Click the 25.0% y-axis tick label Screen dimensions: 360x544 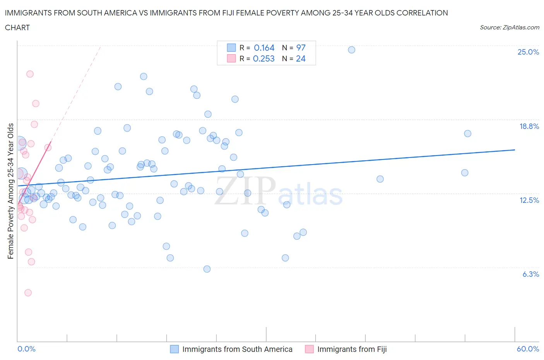tap(528, 52)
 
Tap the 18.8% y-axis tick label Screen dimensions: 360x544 tap(529, 126)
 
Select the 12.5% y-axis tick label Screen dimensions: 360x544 tap(529, 200)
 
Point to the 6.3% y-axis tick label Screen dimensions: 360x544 tap(530, 274)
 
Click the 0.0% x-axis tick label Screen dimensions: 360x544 tap(26, 349)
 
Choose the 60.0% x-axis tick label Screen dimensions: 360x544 tap(528, 349)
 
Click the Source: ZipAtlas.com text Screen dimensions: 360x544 tap(509, 27)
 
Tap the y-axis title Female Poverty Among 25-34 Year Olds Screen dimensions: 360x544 tap(11, 191)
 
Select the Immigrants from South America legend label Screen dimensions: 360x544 tap(237, 349)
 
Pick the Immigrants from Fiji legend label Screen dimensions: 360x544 tap(352, 349)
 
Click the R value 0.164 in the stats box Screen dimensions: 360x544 tap(264, 48)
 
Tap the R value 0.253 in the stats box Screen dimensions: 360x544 tap(263, 58)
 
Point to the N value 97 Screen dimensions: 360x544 tap(301, 48)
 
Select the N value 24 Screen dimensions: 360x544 tap(301, 58)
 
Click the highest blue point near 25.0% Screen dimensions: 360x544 tap(351, 50)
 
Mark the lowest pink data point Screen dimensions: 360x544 tap(28, 293)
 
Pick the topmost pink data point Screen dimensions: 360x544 tap(30, 74)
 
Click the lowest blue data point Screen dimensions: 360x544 tap(207, 269)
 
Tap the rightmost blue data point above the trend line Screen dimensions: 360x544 tap(467, 134)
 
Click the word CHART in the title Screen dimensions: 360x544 tap(17, 27)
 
